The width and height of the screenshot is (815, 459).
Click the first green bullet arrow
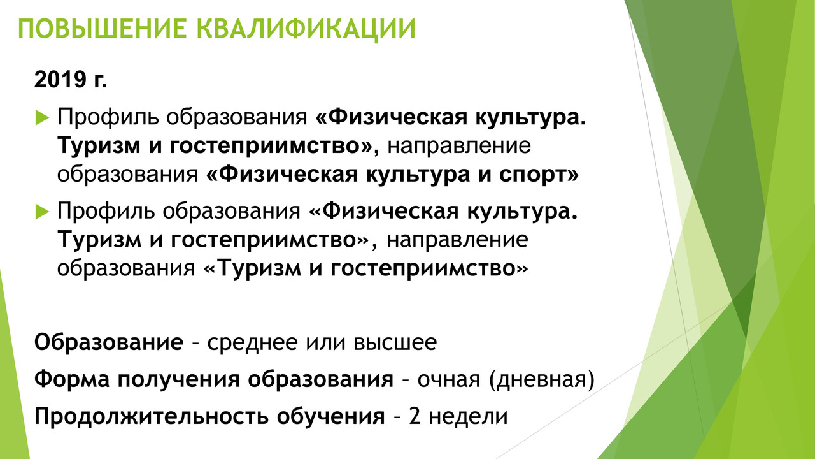(x=42, y=118)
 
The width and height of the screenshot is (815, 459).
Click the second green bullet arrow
(x=42, y=212)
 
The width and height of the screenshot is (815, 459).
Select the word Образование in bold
(x=109, y=342)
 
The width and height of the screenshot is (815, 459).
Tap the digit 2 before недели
(x=415, y=416)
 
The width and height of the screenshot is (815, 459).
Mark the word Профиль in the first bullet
(x=108, y=118)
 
